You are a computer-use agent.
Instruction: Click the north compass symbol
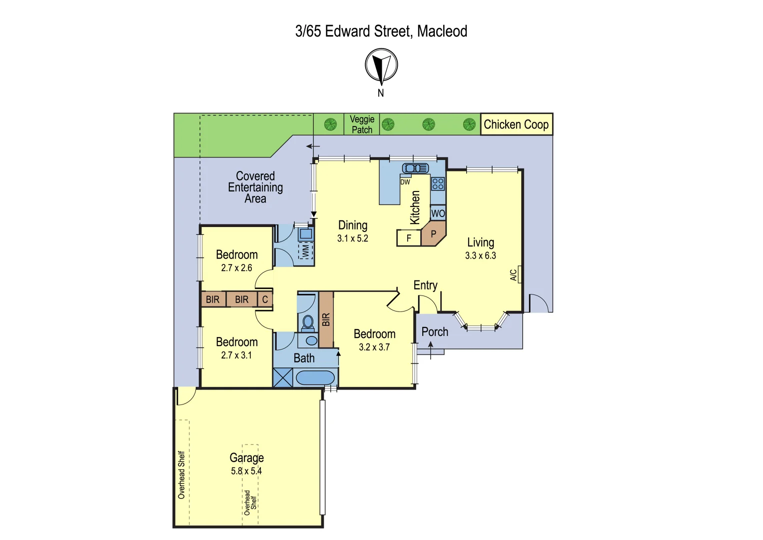tap(381, 65)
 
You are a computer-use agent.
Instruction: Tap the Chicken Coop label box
tap(516, 124)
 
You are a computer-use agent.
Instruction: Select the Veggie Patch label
tap(362, 124)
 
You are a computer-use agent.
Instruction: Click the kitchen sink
tap(415, 168)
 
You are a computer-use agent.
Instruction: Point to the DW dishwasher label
tap(405, 182)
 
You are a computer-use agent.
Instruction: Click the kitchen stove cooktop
tap(438, 183)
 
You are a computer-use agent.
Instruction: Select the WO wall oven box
tap(438, 213)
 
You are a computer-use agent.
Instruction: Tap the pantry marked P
tap(433, 234)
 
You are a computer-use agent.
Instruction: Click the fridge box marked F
tap(409, 238)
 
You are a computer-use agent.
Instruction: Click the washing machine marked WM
tap(305, 250)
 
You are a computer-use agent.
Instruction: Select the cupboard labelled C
tap(265, 299)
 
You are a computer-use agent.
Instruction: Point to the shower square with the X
tap(283, 377)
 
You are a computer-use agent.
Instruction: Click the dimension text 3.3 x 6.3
tap(480, 255)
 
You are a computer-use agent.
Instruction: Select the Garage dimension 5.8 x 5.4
tap(246, 471)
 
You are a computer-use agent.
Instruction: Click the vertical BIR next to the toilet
tap(326, 319)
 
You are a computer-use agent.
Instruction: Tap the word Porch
tap(435, 332)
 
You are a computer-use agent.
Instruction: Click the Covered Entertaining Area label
tap(255, 187)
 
